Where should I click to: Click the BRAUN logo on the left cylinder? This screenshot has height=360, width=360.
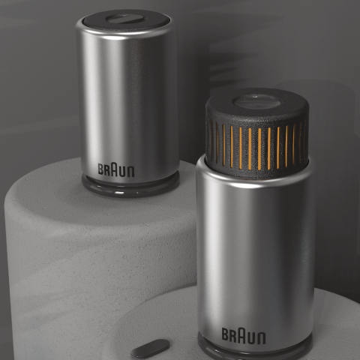coord(116,169)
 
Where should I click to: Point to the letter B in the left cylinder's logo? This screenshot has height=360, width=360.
coord(100,169)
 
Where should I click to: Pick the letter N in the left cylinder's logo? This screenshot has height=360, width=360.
coord(131,172)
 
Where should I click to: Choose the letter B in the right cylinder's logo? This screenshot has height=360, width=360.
coord(225,334)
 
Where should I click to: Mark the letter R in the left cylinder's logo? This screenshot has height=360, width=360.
coord(107,169)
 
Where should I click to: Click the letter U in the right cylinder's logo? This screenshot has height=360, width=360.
coord(252,337)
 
